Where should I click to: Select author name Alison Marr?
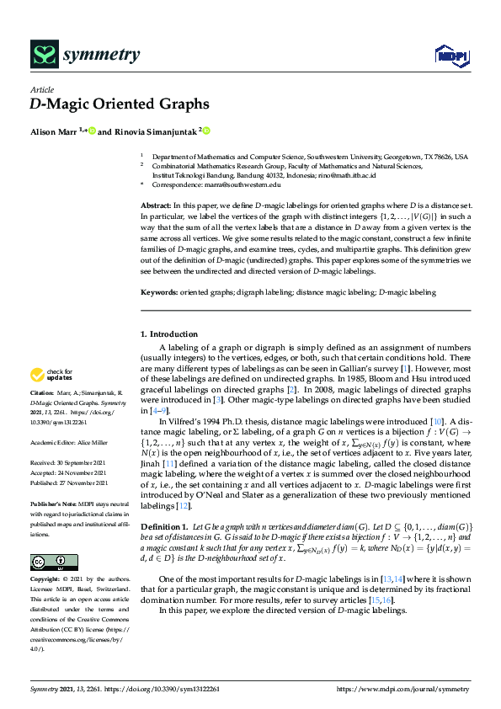point(53,131)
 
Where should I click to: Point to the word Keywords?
point(157,292)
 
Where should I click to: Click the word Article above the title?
point(41,88)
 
